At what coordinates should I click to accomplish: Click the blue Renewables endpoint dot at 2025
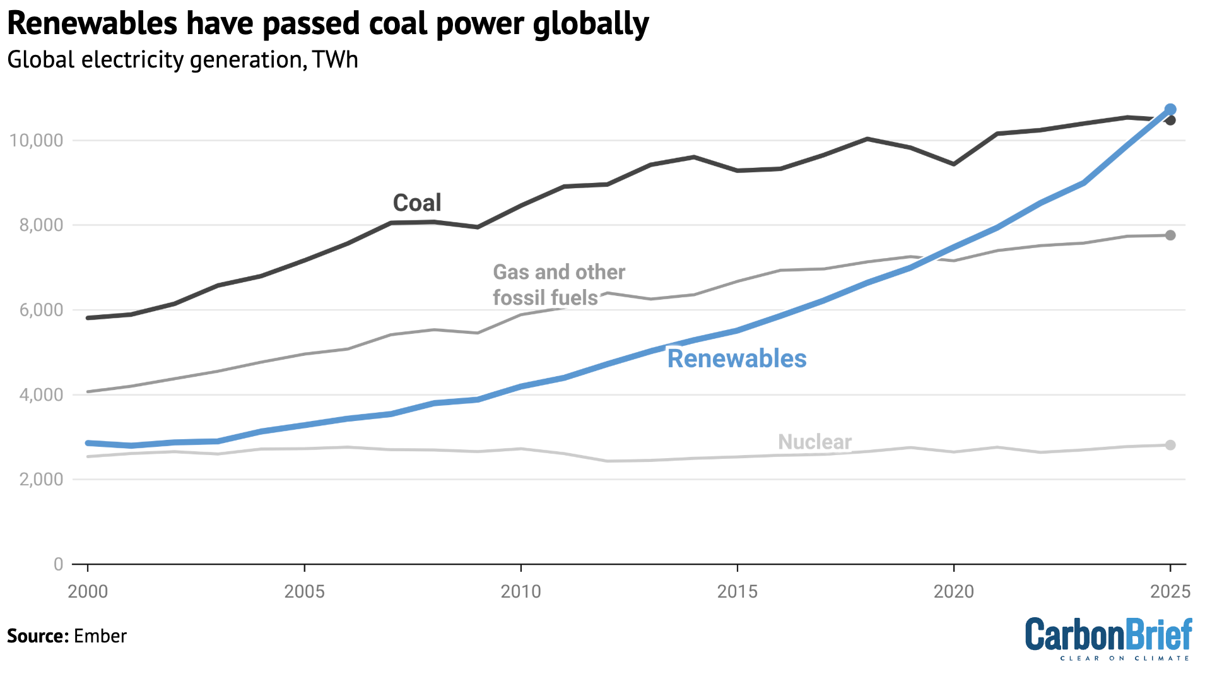[x=1170, y=109]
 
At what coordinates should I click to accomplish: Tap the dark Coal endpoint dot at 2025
[x=1170, y=120]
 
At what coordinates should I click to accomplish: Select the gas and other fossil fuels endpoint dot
[x=1170, y=235]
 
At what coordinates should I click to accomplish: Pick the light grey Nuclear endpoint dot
[x=1170, y=445]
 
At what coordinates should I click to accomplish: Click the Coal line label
[x=417, y=203]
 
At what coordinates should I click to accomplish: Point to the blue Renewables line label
[x=737, y=358]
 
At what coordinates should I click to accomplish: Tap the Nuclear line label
[x=814, y=442]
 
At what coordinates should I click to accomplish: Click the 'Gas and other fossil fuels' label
[x=558, y=285]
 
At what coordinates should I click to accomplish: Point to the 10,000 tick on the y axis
[x=37, y=140]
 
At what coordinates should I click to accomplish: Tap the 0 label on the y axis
[x=58, y=564]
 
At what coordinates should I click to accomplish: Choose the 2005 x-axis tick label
[x=304, y=592]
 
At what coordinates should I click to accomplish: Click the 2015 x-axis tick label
[x=737, y=592]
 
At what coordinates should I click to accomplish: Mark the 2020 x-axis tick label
[x=954, y=592]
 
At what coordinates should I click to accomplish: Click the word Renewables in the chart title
[x=92, y=24]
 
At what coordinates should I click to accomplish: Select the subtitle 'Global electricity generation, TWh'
[x=182, y=60]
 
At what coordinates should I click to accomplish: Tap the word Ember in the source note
[x=100, y=636]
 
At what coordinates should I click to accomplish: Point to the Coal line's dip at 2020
[x=954, y=164]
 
